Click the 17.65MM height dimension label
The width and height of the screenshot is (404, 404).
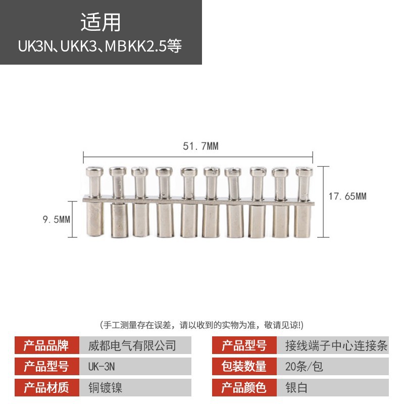pyautogui.click(x=347, y=196)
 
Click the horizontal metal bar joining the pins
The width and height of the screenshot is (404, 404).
pyautogui.click(x=199, y=199)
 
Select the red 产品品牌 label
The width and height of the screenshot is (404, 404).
pyautogui.click(x=46, y=346)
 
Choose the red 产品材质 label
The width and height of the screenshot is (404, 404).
pyautogui.click(x=46, y=387)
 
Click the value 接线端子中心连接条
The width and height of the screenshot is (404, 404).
pyautogui.click(x=336, y=346)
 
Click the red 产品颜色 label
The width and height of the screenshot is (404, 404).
pyautogui.click(x=244, y=387)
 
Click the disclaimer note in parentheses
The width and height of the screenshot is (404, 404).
pyautogui.click(x=202, y=324)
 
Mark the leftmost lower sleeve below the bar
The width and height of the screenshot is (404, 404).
pyautogui.click(x=94, y=220)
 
